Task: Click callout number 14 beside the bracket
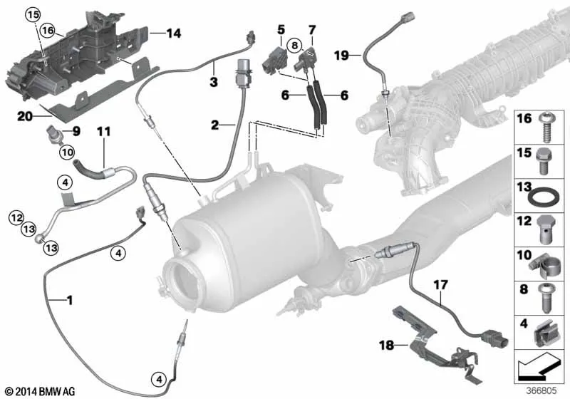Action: [174, 33]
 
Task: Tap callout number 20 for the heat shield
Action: [25, 117]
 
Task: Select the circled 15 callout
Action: [33, 15]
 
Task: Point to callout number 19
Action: [341, 56]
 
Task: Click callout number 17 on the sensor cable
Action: [440, 285]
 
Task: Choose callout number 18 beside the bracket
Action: [386, 345]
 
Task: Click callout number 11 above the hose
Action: [103, 131]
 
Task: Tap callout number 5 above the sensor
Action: [281, 30]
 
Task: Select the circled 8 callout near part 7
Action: [294, 46]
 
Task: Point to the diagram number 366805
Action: [541, 391]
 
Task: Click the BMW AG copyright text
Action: [41, 391]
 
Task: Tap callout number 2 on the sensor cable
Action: [215, 125]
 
